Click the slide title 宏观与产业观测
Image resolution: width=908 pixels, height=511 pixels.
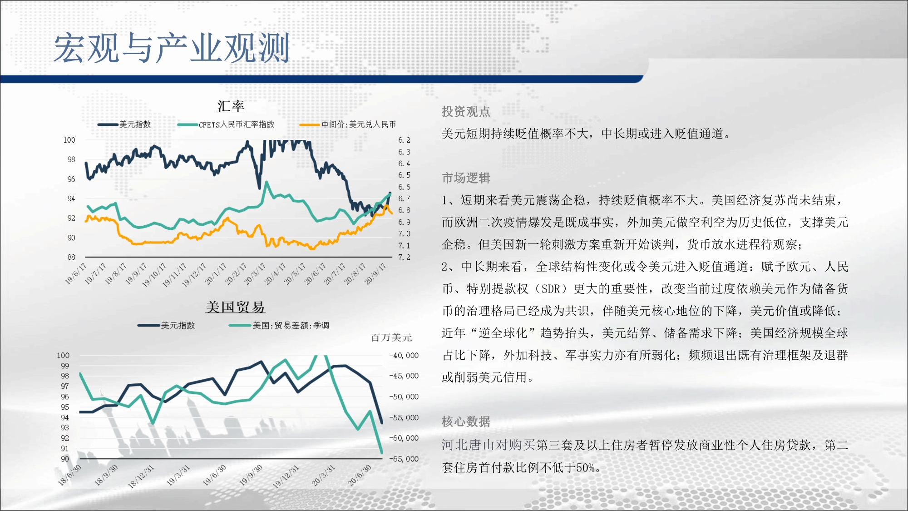172,48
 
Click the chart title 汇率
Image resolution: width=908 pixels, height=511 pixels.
231,106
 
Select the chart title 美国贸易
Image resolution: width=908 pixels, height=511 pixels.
235,307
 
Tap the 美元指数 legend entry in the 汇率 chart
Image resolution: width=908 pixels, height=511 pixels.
124,124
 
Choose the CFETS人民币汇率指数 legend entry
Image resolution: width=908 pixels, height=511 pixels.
226,124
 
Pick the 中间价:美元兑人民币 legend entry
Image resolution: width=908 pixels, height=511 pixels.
347,124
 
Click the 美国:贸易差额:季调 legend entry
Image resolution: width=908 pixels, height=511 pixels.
279,325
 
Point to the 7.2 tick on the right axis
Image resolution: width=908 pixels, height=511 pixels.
404,257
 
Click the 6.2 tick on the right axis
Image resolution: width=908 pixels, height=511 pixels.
404,140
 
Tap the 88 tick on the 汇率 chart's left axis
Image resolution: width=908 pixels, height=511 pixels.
71,257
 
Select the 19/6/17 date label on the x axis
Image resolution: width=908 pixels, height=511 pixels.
75,273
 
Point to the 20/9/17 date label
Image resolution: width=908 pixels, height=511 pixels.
375,273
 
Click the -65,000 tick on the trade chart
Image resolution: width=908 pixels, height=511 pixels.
404,459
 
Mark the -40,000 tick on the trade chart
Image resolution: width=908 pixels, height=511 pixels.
404,355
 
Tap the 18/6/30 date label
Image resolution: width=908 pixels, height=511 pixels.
69,475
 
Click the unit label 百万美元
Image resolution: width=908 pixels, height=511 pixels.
391,337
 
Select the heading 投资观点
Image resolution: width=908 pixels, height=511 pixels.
466,112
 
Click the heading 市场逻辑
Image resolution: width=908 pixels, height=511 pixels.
466,178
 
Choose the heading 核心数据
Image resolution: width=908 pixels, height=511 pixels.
466,422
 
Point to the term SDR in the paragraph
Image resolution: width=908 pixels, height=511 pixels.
551,289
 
